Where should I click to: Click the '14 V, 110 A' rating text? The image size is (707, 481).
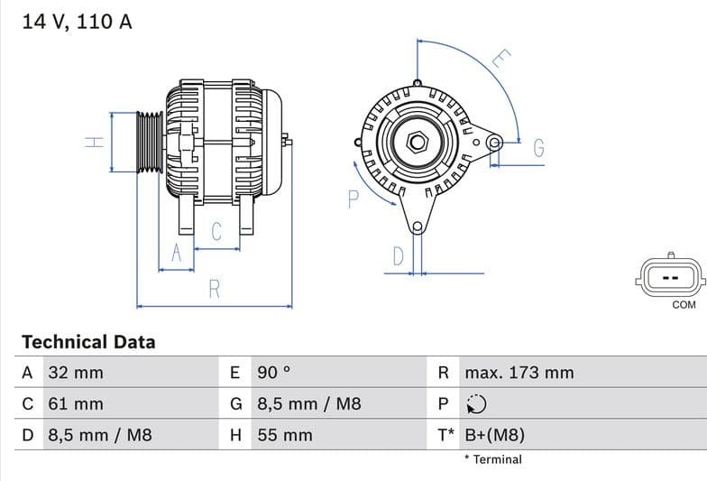pos(77,22)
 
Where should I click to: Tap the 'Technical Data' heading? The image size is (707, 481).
pos(88,342)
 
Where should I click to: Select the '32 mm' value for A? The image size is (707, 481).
pos(75,373)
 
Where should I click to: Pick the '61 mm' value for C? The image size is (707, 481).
pos(75,404)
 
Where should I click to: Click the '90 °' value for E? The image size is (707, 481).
pos(274,373)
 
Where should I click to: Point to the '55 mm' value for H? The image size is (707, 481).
pos(285,435)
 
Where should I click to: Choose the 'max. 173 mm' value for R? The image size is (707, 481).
pos(519,373)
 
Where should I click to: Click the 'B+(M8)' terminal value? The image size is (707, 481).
pos(494,435)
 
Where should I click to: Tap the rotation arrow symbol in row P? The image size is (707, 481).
pos(476,404)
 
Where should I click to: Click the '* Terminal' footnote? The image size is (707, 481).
pos(493,459)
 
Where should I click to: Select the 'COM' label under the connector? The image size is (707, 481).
pos(684,305)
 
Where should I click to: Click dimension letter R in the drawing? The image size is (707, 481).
pos(215,289)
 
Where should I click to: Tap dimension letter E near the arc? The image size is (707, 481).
pos(501,60)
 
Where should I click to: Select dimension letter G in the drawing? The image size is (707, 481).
pos(538,148)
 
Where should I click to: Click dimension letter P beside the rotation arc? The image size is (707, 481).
pos(353,199)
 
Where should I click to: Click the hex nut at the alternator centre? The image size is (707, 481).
pos(417,142)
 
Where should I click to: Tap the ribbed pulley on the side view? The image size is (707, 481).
pos(149,142)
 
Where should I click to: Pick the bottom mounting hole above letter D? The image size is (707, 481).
pos(417,227)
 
